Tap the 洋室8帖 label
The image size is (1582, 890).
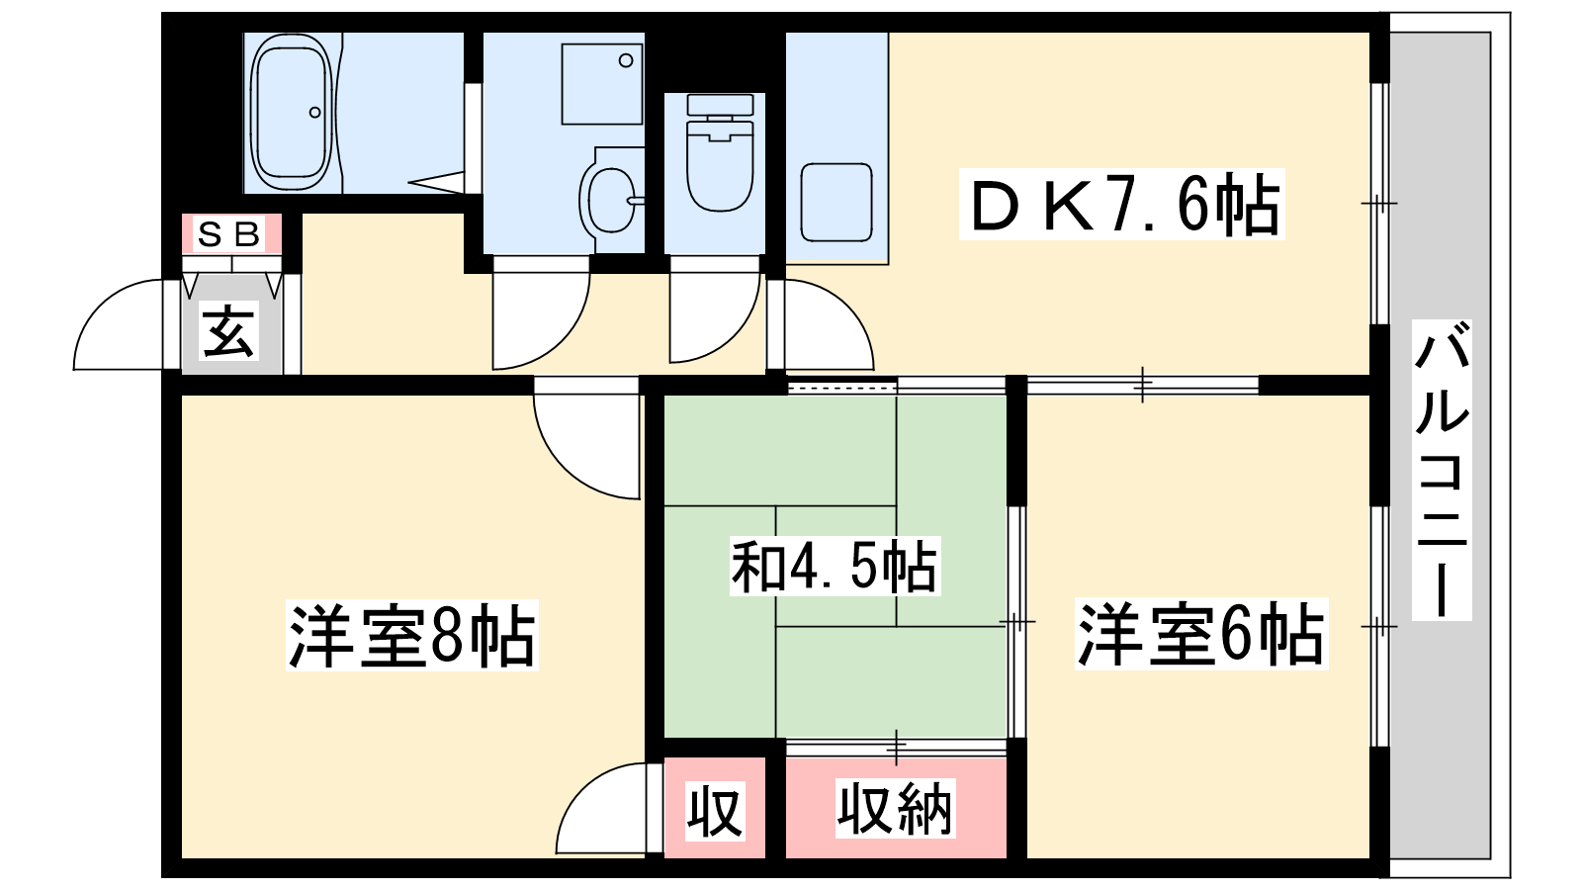pos(411,635)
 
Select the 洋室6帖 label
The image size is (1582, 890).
pos(1200,634)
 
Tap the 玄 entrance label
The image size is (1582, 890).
pos(227,330)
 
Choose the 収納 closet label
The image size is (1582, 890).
pos(895,808)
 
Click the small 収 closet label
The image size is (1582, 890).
pos(715,810)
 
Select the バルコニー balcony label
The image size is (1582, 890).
pos(1442,470)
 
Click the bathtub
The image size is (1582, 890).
pos(292,112)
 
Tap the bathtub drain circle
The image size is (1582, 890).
pos(315,113)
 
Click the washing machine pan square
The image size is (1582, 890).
pos(602,84)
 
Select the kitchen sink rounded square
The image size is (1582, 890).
pos(836,202)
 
